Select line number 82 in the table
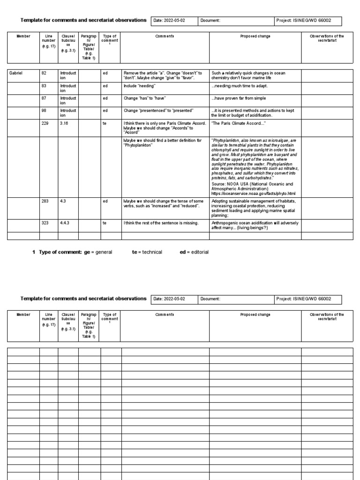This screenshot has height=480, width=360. click(x=44, y=73)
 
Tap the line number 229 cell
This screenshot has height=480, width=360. click(x=45, y=122)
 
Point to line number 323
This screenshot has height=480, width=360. click(x=45, y=223)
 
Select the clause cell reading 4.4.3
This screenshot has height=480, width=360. click(x=65, y=223)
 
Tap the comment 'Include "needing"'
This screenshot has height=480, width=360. click(x=139, y=86)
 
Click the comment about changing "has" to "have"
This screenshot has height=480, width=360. click(x=145, y=98)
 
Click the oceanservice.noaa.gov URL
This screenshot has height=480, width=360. click(x=254, y=193)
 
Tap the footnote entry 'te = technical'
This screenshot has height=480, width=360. click(x=147, y=252)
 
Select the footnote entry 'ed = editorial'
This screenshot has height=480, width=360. click(x=194, y=252)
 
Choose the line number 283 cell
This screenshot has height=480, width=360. click(x=45, y=201)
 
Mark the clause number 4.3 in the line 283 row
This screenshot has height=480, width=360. click(x=63, y=201)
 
